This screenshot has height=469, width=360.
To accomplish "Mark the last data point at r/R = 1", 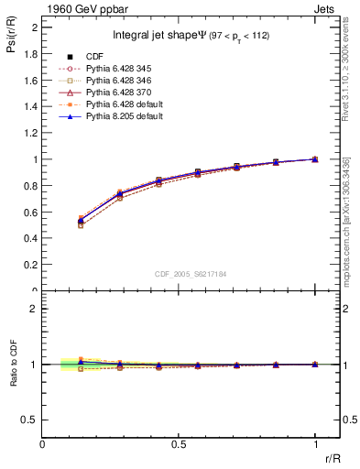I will (315, 159).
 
